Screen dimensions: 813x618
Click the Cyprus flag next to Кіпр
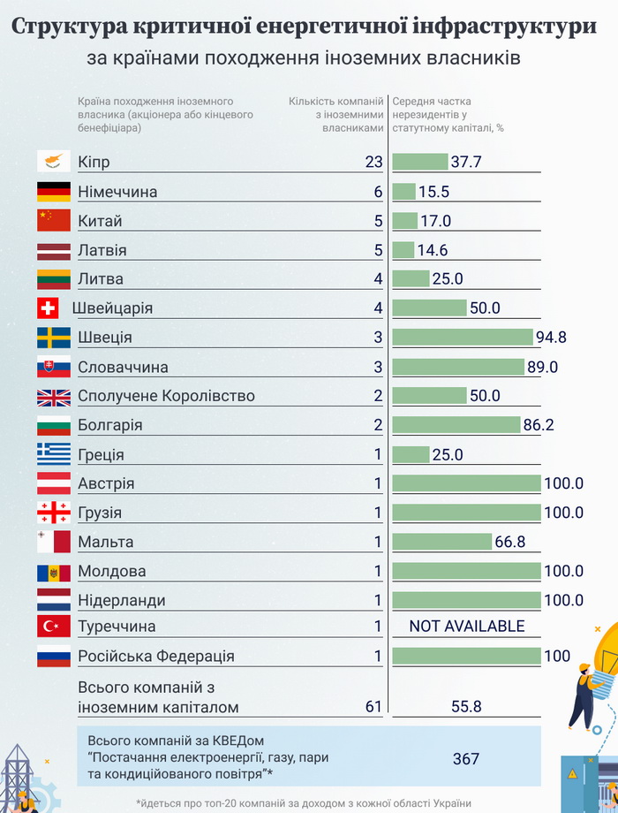click(x=53, y=162)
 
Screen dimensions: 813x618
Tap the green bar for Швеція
click(x=463, y=337)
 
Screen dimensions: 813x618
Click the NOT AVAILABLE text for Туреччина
click(x=467, y=627)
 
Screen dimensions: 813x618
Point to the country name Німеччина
click(x=117, y=192)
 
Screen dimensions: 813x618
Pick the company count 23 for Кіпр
click(x=373, y=162)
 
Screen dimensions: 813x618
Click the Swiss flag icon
click(x=48, y=308)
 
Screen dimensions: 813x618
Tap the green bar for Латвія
click(x=403, y=250)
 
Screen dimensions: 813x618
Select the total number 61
click(x=373, y=707)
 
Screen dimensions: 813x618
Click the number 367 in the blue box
click(x=466, y=758)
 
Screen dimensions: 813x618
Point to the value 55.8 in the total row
click(x=466, y=707)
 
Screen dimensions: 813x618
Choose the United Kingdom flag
click(x=53, y=396)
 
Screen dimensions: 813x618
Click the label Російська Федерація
click(x=156, y=657)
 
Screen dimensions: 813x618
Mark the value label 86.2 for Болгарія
click(x=538, y=425)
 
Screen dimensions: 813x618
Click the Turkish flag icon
click(x=53, y=627)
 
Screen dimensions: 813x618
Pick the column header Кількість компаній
click(x=335, y=102)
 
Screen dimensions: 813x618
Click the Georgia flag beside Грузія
click(x=53, y=513)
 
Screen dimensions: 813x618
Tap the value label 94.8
click(x=552, y=338)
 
